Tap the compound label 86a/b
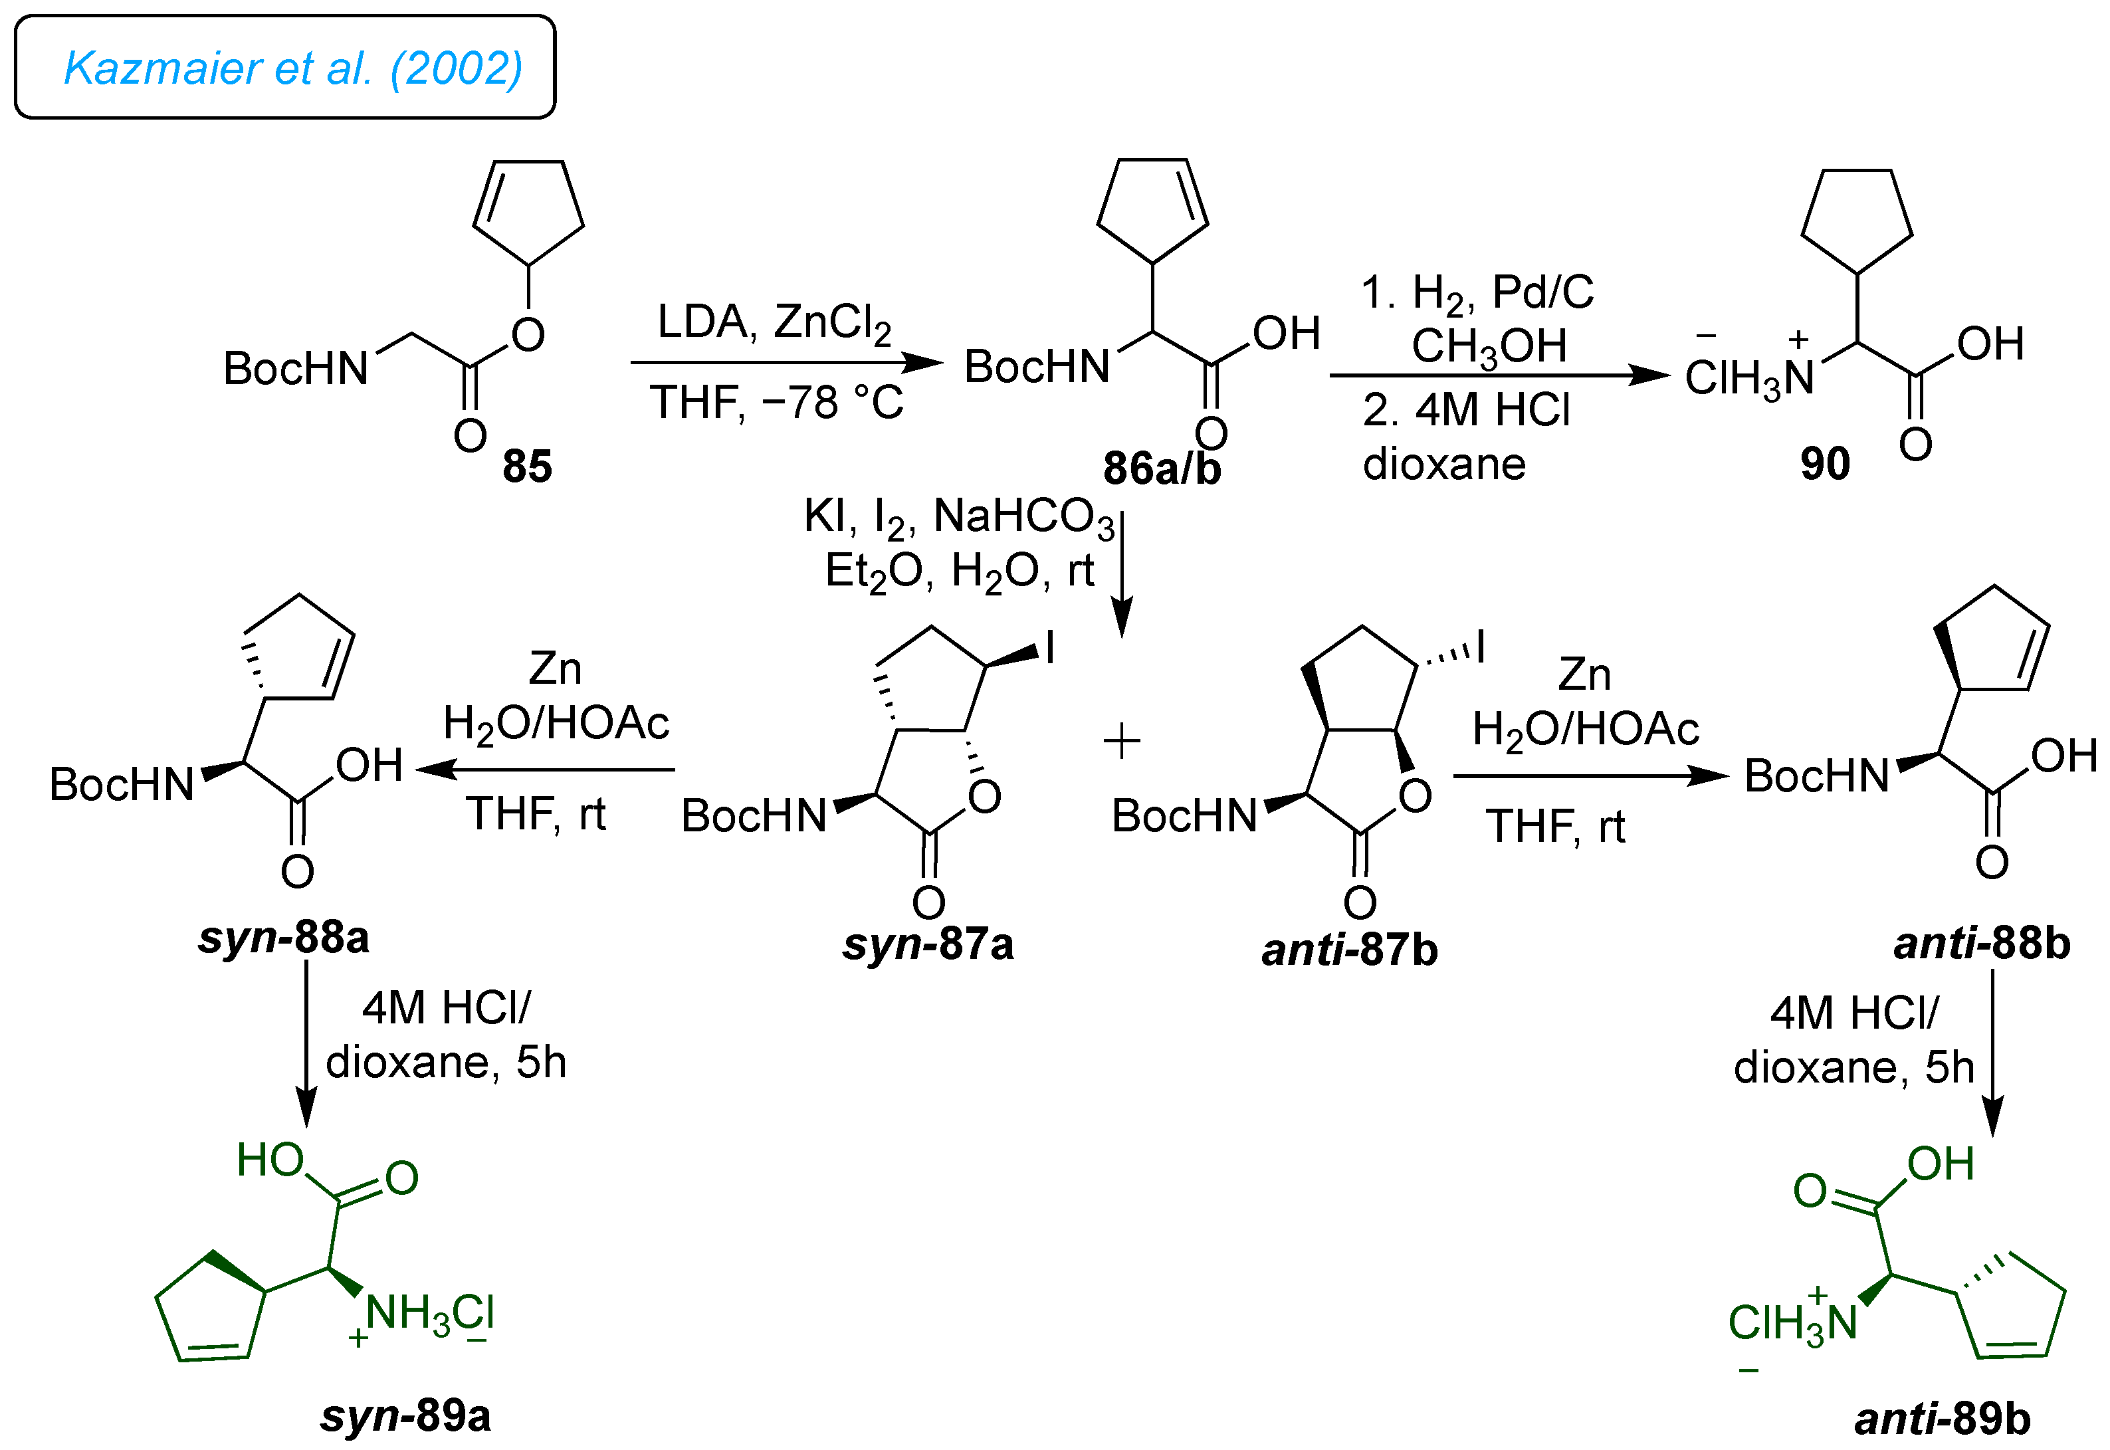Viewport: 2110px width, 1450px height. tap(1162, 468)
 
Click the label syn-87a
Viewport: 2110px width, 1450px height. tap(927, 945)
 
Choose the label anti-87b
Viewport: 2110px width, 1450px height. tap(1350, 950)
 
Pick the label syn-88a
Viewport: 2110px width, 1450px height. tap(283, 938)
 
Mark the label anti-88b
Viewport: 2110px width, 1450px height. tap(1982, 944)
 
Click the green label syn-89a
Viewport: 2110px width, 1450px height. tap(405, 1415)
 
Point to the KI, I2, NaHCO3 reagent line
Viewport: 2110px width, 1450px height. tap(958, 518)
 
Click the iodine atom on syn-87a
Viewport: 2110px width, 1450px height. tap(1050, 649)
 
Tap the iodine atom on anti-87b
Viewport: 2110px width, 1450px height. tap(1481, 647)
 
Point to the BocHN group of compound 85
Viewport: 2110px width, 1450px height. tap(296, 369)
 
